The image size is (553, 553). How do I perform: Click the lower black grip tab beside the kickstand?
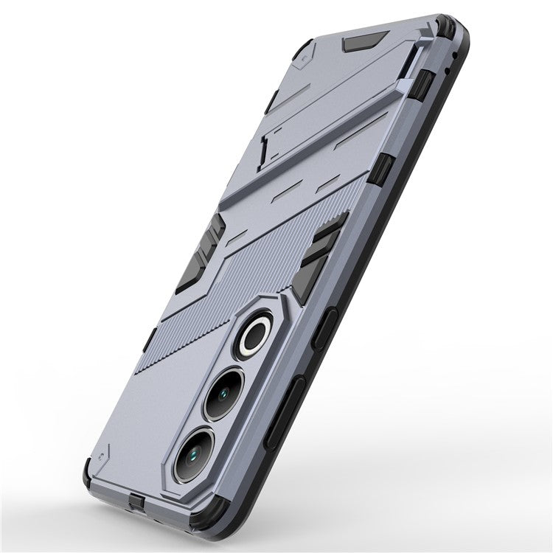380,170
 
